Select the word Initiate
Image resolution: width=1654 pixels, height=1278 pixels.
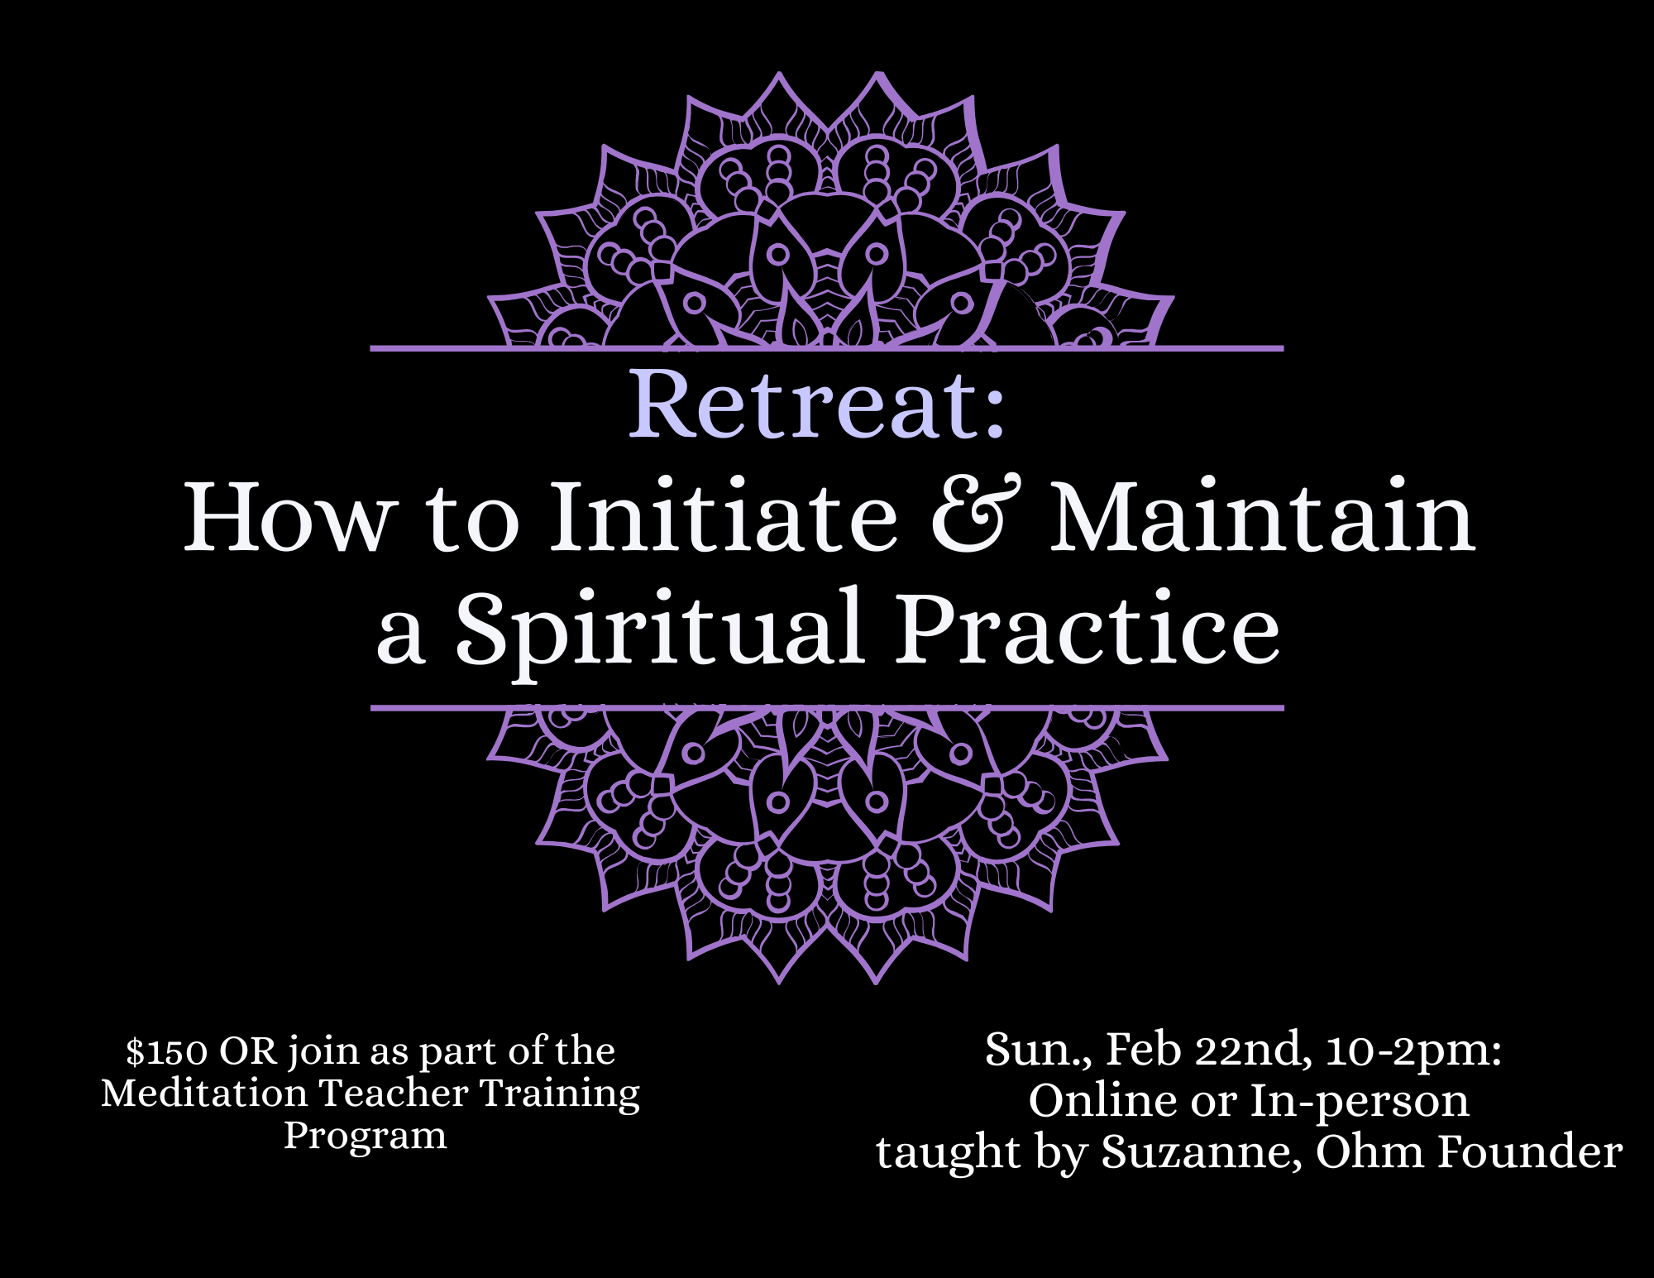click(x=724, y=515)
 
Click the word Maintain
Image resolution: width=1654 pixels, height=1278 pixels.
click(x=1263, y=515)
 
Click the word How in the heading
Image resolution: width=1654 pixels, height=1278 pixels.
click(x=286, y=515)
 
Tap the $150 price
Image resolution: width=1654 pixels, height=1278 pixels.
click(x=167, y=1051)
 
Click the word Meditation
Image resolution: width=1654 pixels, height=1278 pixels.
click(x=204, y=1093)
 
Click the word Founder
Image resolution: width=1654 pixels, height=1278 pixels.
click(x=1530, y=1151)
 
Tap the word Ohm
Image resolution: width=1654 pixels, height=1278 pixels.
click(x=1370, y=1151)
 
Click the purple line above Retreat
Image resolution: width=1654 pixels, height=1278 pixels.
click(x=827, y=349)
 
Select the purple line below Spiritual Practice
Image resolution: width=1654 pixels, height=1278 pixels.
click(x=827, y=708)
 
